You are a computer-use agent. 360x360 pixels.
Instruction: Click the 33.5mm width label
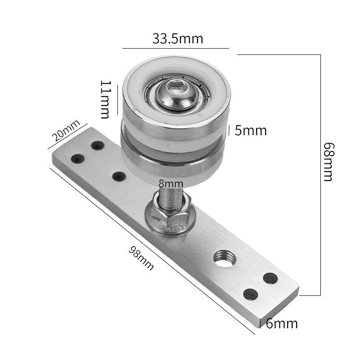177,39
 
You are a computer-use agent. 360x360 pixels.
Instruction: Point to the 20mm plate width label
64,134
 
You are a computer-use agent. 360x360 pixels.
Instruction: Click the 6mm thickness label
281,324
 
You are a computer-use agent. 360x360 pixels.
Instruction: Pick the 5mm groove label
251,130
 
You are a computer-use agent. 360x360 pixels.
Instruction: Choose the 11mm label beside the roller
105,99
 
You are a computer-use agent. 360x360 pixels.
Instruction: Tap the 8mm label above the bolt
171,184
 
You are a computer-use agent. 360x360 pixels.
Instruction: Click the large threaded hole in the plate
224,259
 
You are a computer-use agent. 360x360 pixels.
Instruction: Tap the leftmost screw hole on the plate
78,158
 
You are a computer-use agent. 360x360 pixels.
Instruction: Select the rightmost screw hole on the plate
270,278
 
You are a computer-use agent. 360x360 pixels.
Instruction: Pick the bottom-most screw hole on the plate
250,294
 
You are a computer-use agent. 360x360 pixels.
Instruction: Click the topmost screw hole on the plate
97,145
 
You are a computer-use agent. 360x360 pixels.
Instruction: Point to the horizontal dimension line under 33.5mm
175,48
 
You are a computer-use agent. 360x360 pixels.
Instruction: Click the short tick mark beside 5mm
229,130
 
